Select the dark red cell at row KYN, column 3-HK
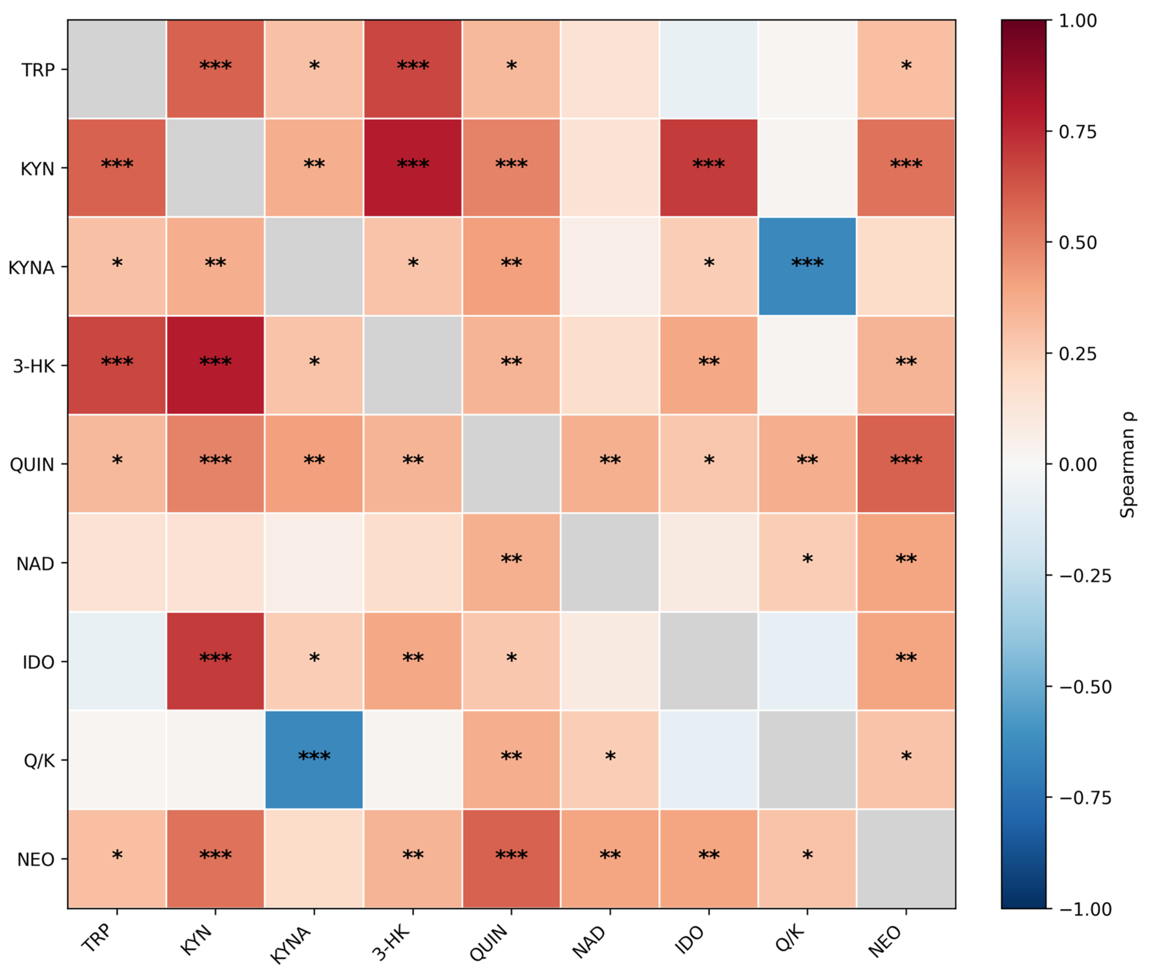coord(412,168)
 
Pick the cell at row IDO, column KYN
coord(215,661)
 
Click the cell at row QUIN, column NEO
coord(906,464)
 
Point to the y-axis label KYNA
coord(31,268)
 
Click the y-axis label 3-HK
coord(34,366)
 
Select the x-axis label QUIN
coord(488,943)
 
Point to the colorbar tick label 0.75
coord(1078,133)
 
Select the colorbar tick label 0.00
coord(1078,465)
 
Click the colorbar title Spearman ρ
coord(1128,464)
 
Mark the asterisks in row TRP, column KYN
coord(215,66)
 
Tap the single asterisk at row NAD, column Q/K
coord(807,559)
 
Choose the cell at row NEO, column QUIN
coord(511,858)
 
